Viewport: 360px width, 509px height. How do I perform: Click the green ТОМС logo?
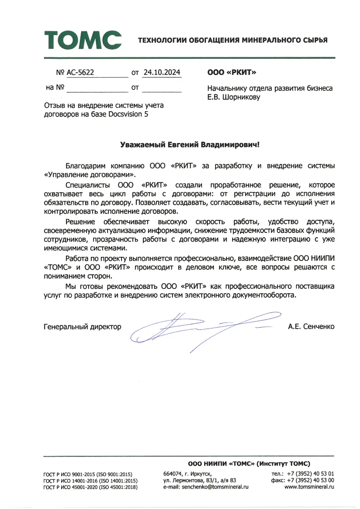[83, 40]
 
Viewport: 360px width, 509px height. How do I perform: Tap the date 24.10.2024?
[162, 72]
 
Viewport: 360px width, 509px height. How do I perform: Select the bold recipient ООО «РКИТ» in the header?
[232, 73]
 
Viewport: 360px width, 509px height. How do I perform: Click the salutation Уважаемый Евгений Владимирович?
[190, 144]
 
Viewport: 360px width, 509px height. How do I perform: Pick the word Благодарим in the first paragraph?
[84, 165]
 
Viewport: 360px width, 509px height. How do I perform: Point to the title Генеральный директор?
[82, 327]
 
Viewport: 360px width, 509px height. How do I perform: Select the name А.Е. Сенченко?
[311, 327]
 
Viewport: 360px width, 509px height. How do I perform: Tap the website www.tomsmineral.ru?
[309, 487]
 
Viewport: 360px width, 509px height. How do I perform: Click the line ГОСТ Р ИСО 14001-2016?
[90, 481]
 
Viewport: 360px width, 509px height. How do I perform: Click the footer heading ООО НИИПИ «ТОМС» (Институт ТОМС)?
[249, 464]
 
